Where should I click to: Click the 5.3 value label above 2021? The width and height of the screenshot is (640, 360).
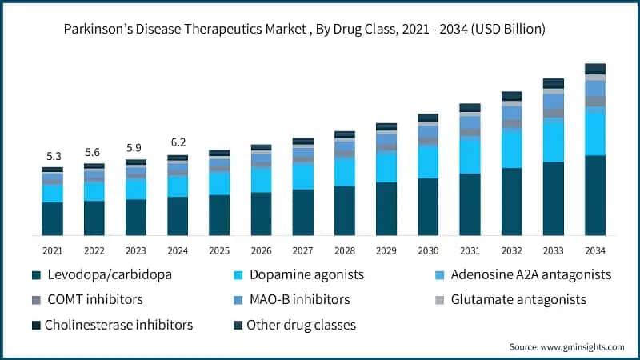(52, 156)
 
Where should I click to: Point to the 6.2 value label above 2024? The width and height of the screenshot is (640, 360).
(178, 143)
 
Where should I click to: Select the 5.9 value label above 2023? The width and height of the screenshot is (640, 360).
(135, 147)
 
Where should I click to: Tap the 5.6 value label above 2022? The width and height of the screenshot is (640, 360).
(94, 152)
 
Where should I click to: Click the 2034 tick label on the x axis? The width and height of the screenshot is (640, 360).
(594, 250)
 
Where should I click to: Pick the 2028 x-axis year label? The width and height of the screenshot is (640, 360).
(344, 250)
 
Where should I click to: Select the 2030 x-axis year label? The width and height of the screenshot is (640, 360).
(428, 250)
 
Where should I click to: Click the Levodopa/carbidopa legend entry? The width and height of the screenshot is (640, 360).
(109, 274)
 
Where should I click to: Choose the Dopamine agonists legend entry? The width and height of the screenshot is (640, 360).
(305, 274)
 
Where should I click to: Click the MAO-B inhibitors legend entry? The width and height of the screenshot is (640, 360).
(298, 299)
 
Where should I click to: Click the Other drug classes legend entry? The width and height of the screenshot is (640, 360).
(301, 325)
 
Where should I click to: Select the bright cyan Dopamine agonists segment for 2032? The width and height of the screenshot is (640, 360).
(511, 148)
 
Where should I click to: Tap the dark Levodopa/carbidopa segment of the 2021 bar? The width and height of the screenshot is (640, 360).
(52, 218)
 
